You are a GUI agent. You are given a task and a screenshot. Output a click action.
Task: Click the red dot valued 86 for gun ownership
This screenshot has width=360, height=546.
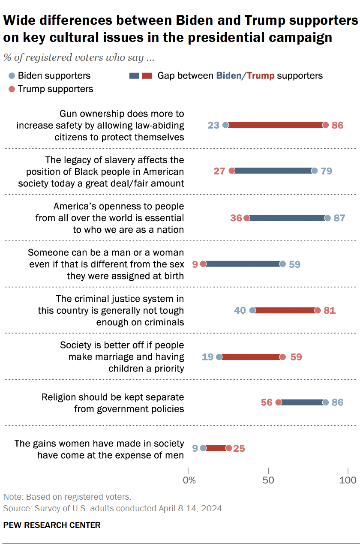[325, 125]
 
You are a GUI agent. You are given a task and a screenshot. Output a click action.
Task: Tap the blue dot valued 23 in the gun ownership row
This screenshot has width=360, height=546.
[226, 125]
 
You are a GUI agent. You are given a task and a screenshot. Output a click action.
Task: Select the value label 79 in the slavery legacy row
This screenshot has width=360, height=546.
[326, 171]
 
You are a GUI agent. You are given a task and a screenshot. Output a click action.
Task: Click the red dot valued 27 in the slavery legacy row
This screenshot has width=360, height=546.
[232, 171]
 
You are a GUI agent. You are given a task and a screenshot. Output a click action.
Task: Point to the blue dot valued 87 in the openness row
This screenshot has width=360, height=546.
[327, 218]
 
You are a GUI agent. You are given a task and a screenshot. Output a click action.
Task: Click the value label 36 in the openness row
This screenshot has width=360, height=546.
[236, 218]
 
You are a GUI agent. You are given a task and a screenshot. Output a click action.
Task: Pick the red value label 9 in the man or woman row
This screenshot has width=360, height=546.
[195, 264]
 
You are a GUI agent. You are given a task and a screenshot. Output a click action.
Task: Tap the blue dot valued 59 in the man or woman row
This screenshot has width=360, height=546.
[282, 264]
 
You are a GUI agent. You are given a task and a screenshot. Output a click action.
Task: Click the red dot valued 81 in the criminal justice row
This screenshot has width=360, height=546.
[318, 310]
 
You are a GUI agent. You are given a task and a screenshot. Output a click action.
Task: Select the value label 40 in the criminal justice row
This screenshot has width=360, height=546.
[240, 310]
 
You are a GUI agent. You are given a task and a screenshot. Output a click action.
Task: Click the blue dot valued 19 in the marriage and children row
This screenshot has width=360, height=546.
[219, 357]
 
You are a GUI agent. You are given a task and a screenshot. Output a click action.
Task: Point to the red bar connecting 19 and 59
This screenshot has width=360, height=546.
[251, 357]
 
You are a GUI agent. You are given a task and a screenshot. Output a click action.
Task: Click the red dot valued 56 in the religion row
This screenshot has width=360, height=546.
[278, 402]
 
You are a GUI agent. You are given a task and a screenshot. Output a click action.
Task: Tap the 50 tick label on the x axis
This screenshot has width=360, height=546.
[268, 480]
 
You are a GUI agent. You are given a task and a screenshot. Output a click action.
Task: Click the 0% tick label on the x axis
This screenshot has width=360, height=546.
[189, 480]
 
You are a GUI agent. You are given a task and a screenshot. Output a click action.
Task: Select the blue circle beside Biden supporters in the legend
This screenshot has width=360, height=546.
[12, 76]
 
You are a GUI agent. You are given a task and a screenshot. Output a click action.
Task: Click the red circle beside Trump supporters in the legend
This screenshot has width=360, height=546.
[12, 89]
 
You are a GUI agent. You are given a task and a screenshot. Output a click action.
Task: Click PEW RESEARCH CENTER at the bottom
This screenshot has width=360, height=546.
[52, 525]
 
